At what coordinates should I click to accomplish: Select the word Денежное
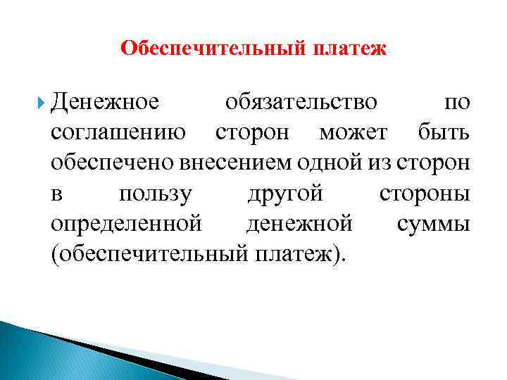point(105,103)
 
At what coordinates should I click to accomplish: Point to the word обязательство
point(301,103)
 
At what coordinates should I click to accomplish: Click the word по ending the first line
point(457,103)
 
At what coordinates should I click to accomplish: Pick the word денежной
point(300,224)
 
